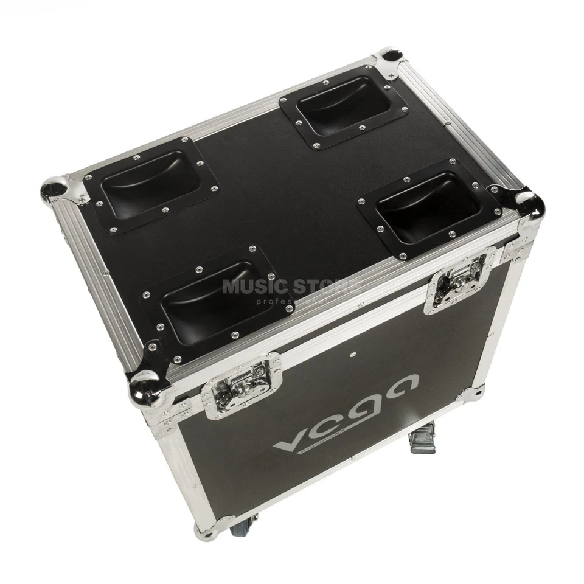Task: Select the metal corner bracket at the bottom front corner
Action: point(207,528)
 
